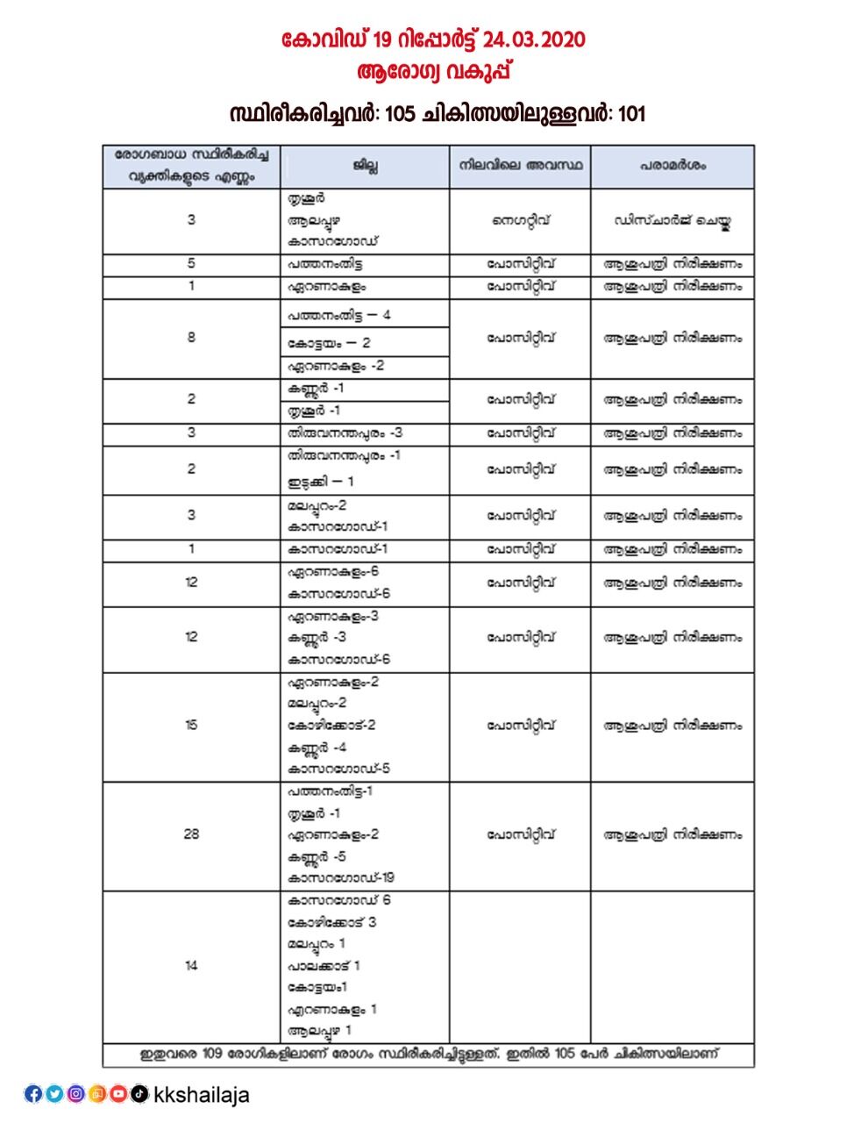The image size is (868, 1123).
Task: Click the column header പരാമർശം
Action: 672,166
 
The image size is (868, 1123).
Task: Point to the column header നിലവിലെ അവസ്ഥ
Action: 520,166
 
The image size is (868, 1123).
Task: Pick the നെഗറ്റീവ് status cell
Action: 520,221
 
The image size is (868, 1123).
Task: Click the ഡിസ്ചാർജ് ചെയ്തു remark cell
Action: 672,221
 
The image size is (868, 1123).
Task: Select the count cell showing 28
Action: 191,834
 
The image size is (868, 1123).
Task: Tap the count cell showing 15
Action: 191,726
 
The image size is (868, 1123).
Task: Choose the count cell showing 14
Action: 191,966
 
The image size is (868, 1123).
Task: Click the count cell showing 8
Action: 191,338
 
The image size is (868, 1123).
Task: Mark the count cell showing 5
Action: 191,264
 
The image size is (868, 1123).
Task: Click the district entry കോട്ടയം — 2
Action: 329,343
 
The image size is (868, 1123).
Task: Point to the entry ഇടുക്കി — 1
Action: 321,482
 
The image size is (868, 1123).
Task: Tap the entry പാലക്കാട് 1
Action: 324,966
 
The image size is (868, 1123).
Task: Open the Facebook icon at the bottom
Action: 33,1094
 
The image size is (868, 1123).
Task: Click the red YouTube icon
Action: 117,1094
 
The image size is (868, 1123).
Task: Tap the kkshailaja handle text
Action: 201,1095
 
